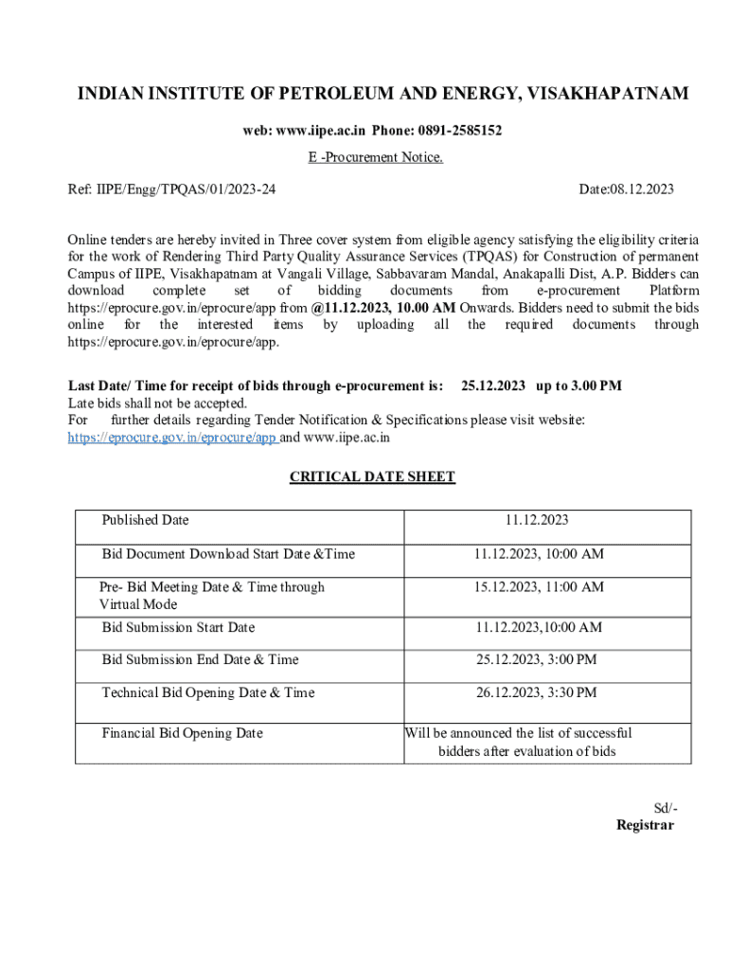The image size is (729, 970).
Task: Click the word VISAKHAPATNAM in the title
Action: tap(607, 94)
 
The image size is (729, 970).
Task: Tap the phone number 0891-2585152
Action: tap(463, 131)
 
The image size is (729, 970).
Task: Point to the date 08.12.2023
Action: tap(641, 189)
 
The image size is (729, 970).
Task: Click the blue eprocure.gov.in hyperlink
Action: tap(172, 438)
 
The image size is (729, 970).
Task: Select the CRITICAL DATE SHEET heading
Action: tap(372, 476)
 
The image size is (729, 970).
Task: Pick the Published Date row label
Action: tap(145, 520)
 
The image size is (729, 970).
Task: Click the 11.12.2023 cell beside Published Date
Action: tap(537, 520)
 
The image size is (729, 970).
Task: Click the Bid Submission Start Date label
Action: tap(178, 627)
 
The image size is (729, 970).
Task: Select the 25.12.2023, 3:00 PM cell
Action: tap(536, 659)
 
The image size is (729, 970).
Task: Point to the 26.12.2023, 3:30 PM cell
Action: tap(536, 692)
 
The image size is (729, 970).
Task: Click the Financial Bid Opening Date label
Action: tap(182, 733)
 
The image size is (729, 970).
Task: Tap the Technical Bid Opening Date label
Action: tap(207, 692)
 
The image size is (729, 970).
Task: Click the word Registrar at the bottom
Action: tap(645, 825)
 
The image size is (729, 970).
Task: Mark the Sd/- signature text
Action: tap(666, 809)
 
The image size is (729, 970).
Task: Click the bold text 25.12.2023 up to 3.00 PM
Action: tap(541, 386)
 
